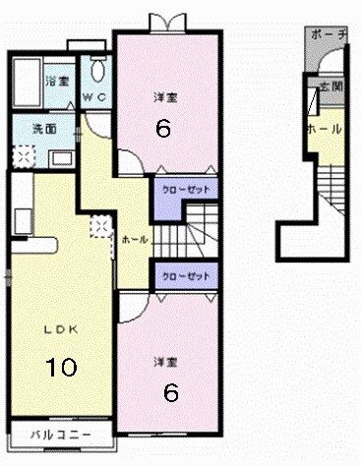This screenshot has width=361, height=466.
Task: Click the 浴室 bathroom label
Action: [x=57, y=82]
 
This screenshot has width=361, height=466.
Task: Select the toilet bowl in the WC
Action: [x=96, y=69]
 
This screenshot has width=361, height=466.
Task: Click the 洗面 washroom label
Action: [x=30, y=128]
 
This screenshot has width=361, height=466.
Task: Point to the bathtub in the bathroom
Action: [x=26, y=80]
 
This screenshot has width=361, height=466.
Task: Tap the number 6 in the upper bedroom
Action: [x=164, y=127]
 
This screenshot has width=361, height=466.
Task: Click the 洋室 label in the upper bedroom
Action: [x=164, y=97]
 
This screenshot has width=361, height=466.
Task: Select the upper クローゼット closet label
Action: [x=177, y=188]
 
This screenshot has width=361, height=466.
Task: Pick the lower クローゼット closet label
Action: [x=177, y=277]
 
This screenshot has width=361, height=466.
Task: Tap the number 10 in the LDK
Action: [x=60, y=368]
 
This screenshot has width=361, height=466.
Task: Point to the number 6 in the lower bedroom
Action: [x=170, y=393]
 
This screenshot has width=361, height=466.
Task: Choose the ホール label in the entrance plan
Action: [x=324, y=129]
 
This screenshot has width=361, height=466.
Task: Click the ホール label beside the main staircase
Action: [x=135, y=239]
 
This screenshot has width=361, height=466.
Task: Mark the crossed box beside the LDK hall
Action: [x=99, y=225]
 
